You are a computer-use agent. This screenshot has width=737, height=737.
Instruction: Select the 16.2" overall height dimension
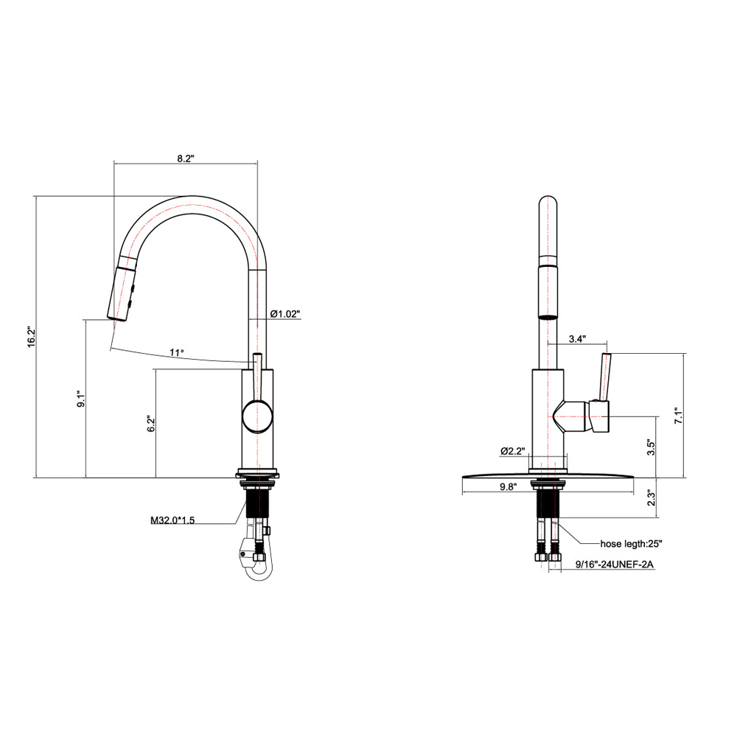coord(31,337)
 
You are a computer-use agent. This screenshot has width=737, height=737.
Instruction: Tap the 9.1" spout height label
coord(81,399)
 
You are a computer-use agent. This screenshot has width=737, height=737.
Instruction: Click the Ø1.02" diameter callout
coord(285,314)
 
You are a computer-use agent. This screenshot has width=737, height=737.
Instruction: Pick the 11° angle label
coord(176,352)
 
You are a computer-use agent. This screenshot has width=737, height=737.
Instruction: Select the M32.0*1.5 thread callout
coord(172,520)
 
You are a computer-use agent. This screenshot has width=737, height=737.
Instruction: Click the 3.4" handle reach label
coord(577,339)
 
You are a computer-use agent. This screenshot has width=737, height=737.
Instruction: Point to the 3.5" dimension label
coord(651,448)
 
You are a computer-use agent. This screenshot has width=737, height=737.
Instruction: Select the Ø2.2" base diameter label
coord(511,450)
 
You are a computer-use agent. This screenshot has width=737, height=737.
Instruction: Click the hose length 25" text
coord(632,544)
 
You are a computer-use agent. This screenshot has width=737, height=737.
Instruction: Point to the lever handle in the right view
coord(606,376)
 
